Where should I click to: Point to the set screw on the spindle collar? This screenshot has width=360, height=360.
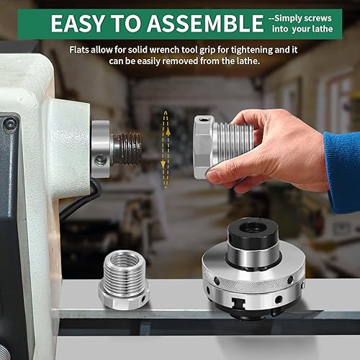coord(99,160)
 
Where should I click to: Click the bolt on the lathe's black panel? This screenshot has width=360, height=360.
coord(10,124)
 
